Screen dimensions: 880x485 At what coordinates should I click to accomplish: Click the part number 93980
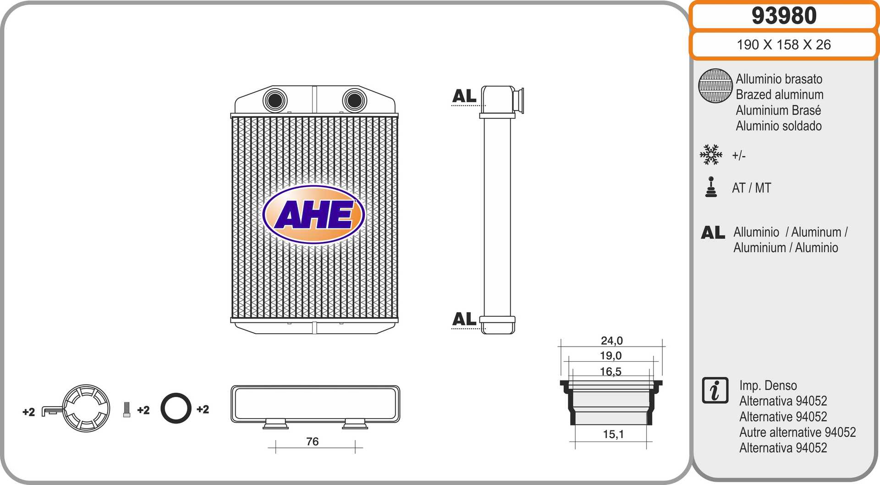coord(784,16)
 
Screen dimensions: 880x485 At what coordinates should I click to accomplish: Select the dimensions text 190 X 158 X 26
coord(784,44)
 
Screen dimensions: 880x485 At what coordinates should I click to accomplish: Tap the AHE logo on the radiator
coord(313,214)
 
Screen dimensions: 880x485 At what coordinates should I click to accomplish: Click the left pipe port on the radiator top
coord(275,100)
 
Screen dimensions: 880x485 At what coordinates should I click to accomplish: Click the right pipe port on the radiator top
coord(354,100)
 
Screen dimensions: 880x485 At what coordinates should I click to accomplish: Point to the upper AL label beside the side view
coord(464,96)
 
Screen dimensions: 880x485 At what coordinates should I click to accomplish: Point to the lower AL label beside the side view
coord(464,319)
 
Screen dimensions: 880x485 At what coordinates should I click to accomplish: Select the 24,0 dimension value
coord(612,341)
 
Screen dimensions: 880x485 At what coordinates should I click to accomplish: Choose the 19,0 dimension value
coord(611,355)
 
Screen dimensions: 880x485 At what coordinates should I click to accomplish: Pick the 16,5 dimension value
coord(610,371)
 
